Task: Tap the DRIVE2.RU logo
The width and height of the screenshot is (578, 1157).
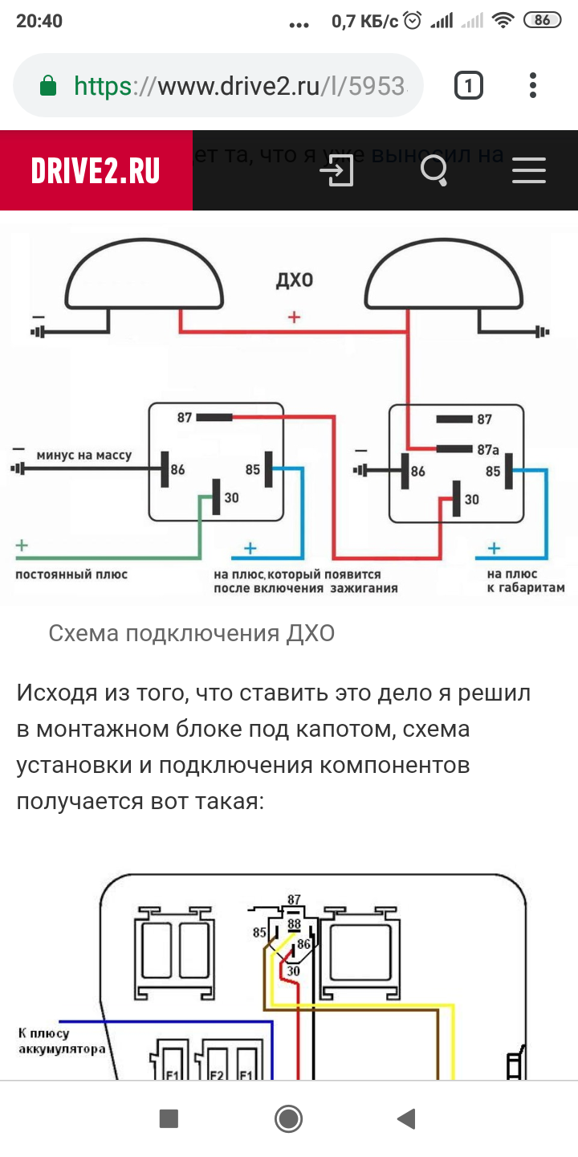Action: click(96, 170)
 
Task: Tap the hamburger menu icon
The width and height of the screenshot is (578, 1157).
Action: click(528, 170)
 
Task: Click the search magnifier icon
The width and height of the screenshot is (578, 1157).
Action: click(434, 170)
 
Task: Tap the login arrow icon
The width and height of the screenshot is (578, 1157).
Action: click(336, 170)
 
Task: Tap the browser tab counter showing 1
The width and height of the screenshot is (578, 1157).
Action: click(469, 85)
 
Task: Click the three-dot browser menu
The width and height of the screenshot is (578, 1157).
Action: click(533, 85)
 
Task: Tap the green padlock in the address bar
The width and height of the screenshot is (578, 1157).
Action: click(48, 85)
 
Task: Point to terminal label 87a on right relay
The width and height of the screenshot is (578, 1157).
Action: click(488, 449)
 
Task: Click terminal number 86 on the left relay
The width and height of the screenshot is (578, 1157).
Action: click(178, 468)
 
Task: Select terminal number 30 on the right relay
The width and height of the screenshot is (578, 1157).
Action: click(472, 500)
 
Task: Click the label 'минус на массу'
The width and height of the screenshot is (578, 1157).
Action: click(83, 456)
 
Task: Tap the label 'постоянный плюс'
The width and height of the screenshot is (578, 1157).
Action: click(71, 574)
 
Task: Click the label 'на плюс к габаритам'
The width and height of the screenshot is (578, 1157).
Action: click(525, 581)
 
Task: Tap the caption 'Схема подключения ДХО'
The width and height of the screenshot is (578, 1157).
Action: click(191, 634)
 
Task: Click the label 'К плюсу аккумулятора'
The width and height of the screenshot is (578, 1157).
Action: click(61, 1041)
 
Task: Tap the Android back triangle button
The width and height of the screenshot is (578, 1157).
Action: click(407, 1118)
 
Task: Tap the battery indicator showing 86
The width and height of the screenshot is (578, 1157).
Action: click(542, 21)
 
